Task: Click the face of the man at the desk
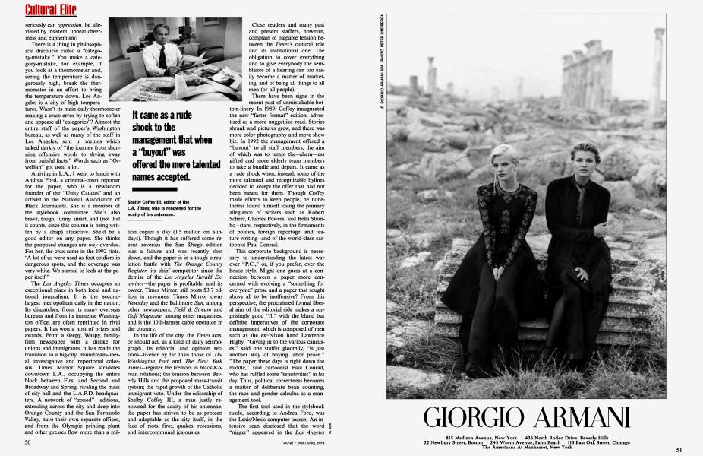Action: click(161, 46)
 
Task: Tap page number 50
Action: click(27, 442)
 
